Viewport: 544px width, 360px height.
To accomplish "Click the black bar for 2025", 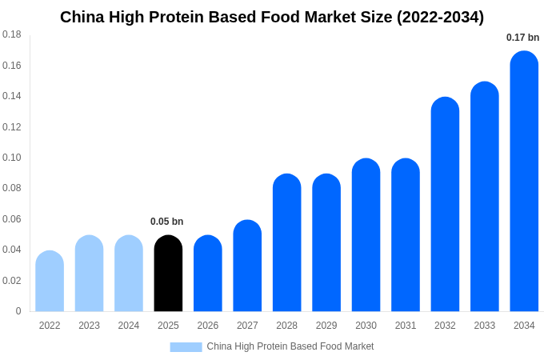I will tap(168, 274).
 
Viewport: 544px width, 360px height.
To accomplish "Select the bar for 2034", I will tap(524, 182).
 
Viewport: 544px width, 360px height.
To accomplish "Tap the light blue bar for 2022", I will tap(50, 282).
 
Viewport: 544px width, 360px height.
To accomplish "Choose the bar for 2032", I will tap(445, 205).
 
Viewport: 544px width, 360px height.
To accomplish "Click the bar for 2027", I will tap(247, 266).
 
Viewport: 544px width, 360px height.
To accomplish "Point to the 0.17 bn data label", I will tap(522, 38).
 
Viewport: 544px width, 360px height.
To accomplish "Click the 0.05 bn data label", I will tap(166, 222).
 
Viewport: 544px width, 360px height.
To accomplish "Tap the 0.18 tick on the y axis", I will tap(11, 34).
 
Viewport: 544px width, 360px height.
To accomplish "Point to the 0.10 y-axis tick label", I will tap(11, 158).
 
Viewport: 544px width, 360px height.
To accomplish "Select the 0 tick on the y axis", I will tap(18, 311).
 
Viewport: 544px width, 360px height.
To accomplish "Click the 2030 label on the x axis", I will tap(366, 326).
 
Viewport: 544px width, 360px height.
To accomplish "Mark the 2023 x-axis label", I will tap(89, 326).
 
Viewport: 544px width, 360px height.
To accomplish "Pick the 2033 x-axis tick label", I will tap(484, 326).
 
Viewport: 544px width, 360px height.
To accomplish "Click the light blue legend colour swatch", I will tap(186, 347).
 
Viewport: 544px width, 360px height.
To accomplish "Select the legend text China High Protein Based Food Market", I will tap(290, 346).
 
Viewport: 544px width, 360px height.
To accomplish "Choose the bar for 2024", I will tap(129, 274).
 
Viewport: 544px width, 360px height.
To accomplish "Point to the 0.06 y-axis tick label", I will tap(11, 219).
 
